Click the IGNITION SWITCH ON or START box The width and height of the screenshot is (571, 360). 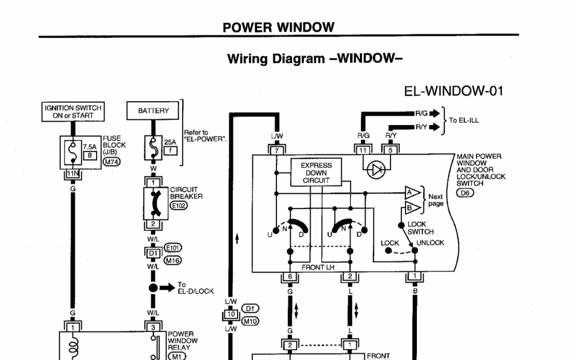pos(73,111)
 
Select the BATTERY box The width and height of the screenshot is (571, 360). pos(153,110)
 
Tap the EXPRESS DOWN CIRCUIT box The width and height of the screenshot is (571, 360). pos(316,172)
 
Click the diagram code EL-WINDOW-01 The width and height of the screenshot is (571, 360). pos(454,91)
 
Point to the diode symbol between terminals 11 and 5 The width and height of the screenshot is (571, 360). pos(376,170)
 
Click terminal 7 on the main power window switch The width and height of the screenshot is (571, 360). pos(277,150)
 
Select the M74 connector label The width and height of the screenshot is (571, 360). pos(111,161)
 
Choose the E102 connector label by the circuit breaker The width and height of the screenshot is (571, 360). pos(178,206)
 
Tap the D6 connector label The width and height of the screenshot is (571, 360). pos(465,193)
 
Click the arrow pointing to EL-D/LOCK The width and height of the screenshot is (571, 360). pos(167,288)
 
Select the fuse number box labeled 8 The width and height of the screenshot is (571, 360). pos(90,155)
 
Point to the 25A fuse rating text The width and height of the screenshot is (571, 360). pos(170,142)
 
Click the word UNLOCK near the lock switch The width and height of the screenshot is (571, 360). pos(430,243)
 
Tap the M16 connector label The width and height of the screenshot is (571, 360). pos(172,260)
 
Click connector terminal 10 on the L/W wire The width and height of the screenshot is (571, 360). pos(231,314)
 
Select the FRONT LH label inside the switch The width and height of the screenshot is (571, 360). pos(318,267)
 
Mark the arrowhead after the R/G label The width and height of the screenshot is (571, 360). pos(435,113)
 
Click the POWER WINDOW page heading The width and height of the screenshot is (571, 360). pos(279,27)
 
